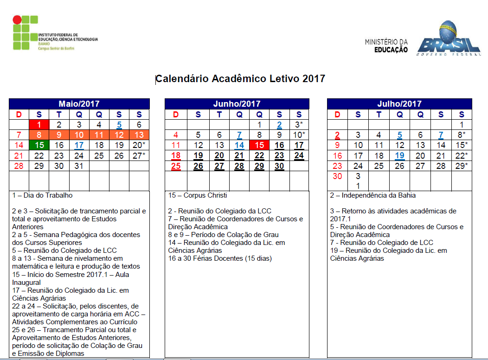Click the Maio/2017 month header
tap(79, 104)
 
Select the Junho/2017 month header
tap(237, 104)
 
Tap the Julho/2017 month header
tap(399, 104)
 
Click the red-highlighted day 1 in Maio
tap(39, 124)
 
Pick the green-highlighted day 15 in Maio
tap(39, 145)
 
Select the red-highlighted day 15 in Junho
tap(259, 145)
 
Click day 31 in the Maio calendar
tap(79, 166)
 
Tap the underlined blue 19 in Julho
tap(400, 156)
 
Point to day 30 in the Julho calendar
tap(337, 176)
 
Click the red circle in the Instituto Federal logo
tap(17, 20)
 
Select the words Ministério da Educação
tap(386, 45)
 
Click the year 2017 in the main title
tap(314, 78)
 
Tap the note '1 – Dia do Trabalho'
tap(42, 196)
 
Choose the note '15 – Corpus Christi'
tap(198, 196)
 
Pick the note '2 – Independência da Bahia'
tap(373, 196)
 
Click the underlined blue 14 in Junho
tap(239, 145)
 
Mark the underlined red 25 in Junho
tap(176, 166)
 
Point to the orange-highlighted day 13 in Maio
tap(139, 135)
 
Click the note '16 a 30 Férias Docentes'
tap(220, 258)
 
